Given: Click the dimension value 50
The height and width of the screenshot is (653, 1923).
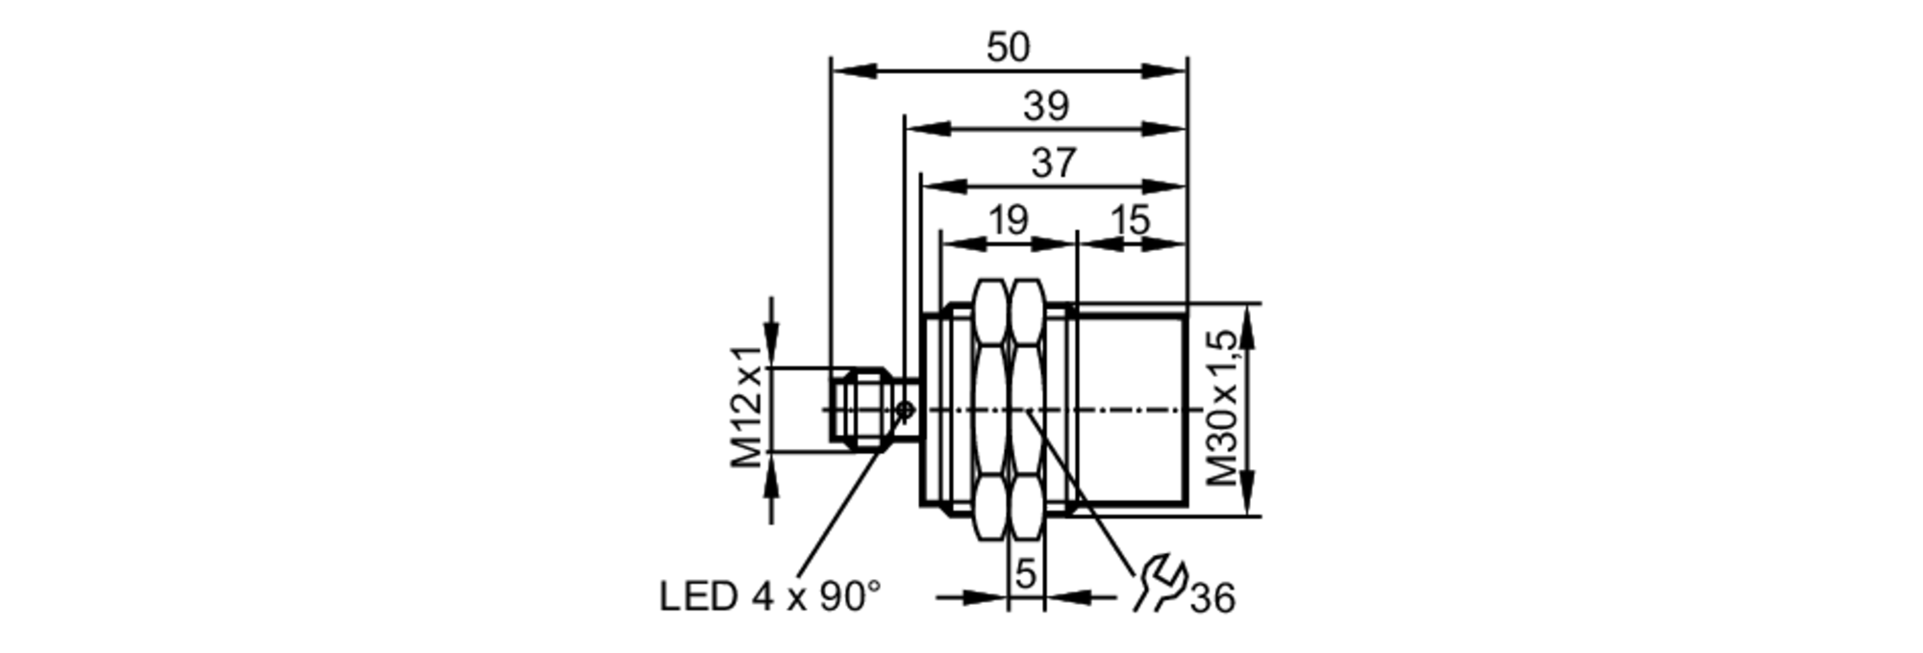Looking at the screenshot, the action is click(1008, 47).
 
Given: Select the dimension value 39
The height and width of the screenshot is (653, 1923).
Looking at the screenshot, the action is click(1046, 106).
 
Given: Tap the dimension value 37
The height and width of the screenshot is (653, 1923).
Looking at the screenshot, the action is click(1054, 163).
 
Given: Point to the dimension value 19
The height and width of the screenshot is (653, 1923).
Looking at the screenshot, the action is click(1009, 220).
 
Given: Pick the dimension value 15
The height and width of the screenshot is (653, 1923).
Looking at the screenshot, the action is click(1130, 220).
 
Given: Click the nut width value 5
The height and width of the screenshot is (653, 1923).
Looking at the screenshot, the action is click(1026, 574).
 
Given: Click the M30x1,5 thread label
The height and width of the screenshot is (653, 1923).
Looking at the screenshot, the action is click(1222, 408).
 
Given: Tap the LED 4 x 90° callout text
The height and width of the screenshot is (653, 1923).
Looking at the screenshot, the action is click(769, 596).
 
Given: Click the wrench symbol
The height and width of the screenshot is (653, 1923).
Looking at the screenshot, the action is click(1159, 583).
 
